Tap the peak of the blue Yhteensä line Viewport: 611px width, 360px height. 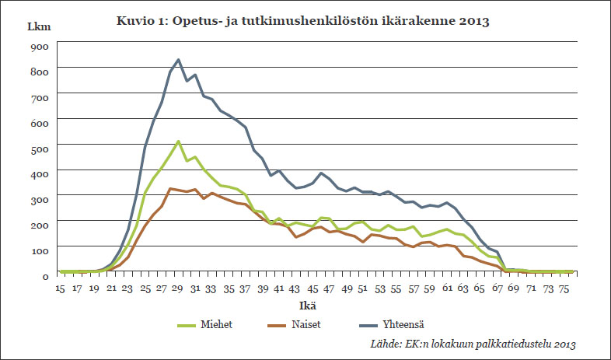(179, 59)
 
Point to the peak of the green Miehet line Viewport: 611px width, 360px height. (178, 142)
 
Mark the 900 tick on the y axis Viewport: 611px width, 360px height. (40, 46)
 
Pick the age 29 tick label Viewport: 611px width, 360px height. (178, 288)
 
